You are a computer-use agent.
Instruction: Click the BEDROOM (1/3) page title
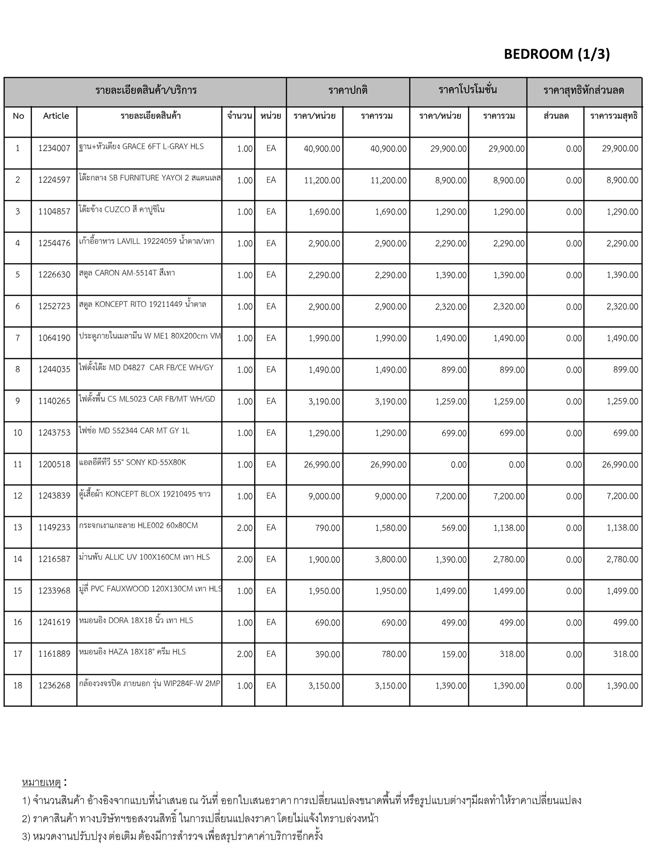pos(556,54)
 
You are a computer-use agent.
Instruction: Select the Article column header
pos(56,116)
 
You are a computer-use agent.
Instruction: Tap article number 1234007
pos(54,149)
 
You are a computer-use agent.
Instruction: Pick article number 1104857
pos(54,212)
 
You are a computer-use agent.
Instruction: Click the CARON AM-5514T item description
pos(127,273)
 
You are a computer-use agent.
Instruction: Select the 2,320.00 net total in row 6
pos(622,307)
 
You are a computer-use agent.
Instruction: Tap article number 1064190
pos(54,338)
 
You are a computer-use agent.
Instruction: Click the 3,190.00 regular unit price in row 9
pos(324,402)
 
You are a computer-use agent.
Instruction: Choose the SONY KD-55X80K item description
pos(132,463)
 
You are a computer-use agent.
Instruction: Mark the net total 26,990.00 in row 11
pos(620,465)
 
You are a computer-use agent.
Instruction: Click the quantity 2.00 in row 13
pos(245,528)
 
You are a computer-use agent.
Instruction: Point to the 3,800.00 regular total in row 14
pos(390,559)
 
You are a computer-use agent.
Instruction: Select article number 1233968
pos(54,591)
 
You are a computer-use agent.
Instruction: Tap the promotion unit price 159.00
pos(454,654)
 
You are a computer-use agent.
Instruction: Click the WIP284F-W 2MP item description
pos(150,684)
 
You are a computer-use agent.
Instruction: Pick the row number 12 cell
pos(18,496)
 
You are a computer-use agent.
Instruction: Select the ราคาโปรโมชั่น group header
pos(468,90)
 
